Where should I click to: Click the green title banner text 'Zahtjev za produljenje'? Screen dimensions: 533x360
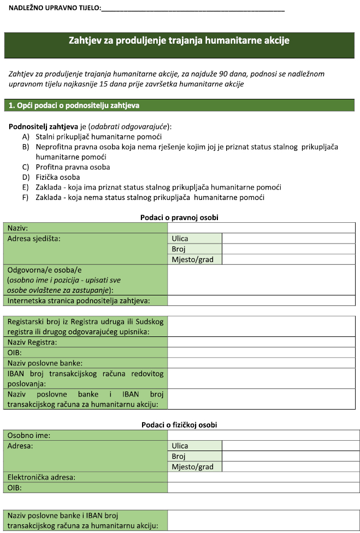(x=179, y=40)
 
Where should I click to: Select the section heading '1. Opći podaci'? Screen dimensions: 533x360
(x=76, y=104)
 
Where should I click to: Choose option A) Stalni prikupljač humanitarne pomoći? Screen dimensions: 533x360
(x=99, y=137)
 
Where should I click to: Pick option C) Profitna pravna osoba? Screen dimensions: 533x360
(x=73, y=167)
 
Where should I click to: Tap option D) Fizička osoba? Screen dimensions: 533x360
(x=58, y=177)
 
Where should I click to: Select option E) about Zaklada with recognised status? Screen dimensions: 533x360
(x=158, y=187)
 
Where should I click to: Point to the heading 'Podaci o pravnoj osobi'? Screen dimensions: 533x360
(x=179, y=217)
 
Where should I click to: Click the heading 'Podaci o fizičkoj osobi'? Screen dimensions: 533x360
(x=179, y=425)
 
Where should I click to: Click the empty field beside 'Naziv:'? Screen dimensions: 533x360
(x=263, y=228)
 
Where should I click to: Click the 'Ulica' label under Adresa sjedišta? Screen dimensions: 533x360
(x=180, y=238)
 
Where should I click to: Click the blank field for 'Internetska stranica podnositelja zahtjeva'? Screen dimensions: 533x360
(x=263, y=300)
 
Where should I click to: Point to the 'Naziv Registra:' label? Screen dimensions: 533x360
(x=32, y=342)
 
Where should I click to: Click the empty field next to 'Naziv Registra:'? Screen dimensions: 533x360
(x=263, y=342)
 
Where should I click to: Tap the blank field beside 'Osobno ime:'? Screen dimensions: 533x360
(x=263, y=435)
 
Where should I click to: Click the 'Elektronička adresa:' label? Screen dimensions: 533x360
(x=42, y=477)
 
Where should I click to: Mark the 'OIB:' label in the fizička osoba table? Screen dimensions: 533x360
(x=14, y=488)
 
